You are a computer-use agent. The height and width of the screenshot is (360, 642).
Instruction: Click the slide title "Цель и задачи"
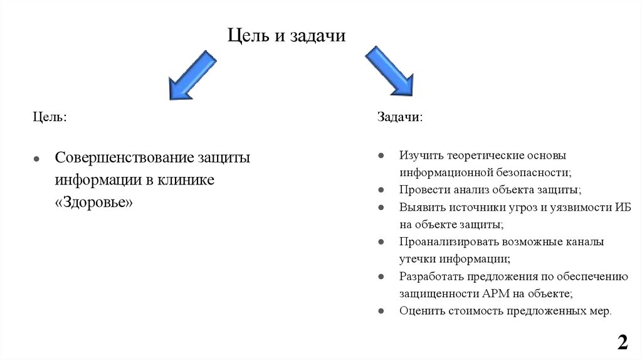(x=286, y=36)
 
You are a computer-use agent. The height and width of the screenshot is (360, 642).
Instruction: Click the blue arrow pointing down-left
(x=192, y=75)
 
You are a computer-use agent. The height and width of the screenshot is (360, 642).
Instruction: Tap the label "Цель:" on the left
(x=50, y=117)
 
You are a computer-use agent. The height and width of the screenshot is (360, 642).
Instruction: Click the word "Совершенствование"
(x=124, y=157)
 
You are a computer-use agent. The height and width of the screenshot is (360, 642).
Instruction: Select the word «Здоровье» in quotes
(x=94, y=203)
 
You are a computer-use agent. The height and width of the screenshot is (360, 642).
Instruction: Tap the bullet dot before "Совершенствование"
(x=37, y=159)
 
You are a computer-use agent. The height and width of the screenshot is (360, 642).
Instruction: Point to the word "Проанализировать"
(x=448, y=241)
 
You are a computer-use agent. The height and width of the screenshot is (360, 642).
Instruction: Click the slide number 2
(x=622, y=342)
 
